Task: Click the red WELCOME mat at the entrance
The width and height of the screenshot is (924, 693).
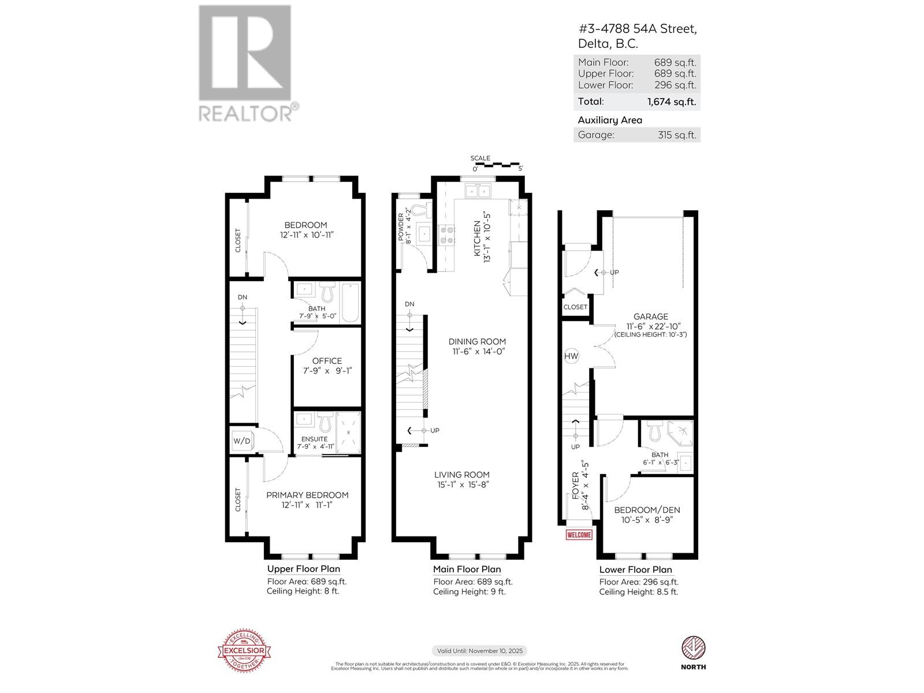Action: (x=579, y=535)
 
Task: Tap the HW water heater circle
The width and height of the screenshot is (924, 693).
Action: (x=571, y=356)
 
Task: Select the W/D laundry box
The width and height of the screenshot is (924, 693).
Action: (x=242, y=441)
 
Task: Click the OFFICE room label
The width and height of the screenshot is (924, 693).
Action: (x=327, y=361)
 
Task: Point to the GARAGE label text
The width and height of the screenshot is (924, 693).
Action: (x=650, y=316)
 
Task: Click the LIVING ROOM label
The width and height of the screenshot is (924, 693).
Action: (x=462, y=475)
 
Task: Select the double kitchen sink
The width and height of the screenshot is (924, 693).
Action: (x=478, y=191)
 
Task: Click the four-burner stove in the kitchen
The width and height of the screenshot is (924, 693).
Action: (x=446, y=235)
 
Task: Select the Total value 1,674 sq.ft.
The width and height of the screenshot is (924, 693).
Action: (x=671, y=102)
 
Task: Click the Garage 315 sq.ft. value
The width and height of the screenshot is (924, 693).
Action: (x=677, y=135)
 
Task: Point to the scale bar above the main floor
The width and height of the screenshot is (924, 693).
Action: (x=497, y=165)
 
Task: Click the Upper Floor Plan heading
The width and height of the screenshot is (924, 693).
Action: (x=303, y=569)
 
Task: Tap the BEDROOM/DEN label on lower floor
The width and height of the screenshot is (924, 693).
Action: (x=647, y=510)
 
